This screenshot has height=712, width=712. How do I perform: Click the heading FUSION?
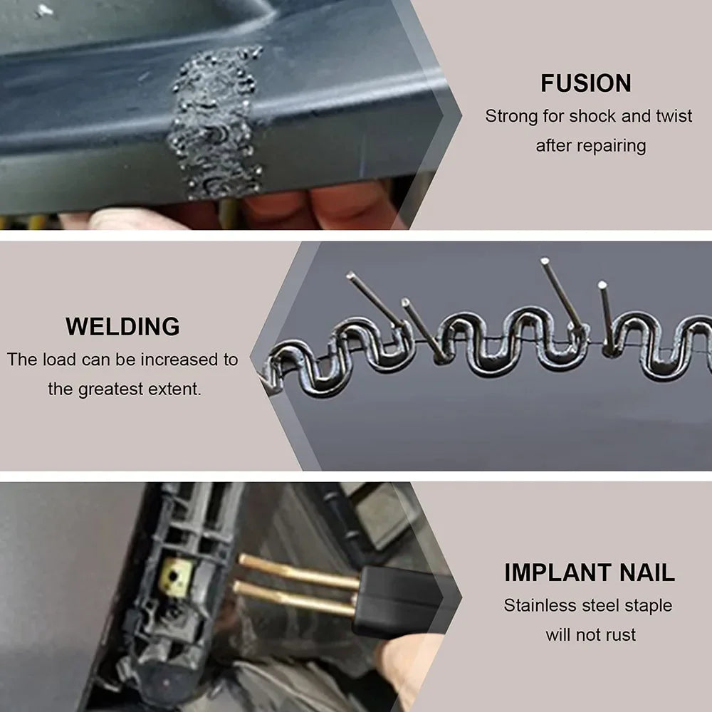[585, 83]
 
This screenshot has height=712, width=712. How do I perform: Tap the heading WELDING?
[122, 327]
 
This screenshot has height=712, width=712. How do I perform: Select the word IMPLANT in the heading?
[557, 572]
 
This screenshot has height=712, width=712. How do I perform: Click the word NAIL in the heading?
[644, 572]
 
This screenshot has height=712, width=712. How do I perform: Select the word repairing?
[611, 146]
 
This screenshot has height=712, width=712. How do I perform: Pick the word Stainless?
[538, 606]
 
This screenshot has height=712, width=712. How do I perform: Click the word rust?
[619, 634]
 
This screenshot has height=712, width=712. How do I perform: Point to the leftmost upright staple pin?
[375, 299]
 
